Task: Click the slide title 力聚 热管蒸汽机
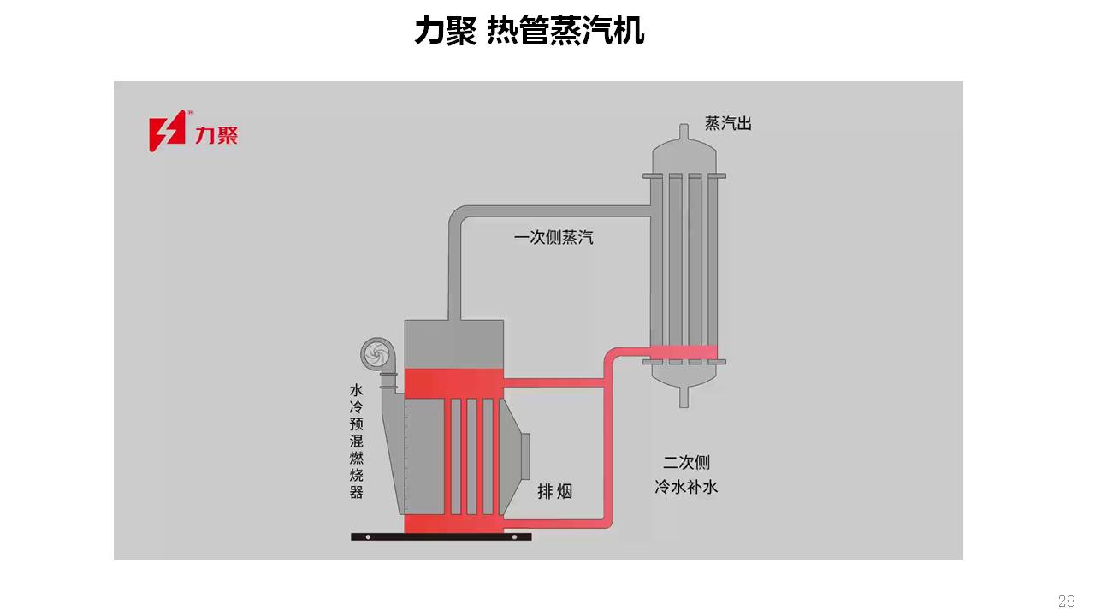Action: click(529, 31)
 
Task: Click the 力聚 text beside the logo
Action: click(216, 134)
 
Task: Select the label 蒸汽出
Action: click(728, 123)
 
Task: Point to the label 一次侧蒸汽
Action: click(553, 237)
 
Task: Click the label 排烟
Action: click(554, 491)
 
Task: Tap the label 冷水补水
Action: click(685, 487)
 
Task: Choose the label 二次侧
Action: click(686, 463)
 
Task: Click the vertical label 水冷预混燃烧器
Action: click(357, 441)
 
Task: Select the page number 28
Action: click(1066, 601)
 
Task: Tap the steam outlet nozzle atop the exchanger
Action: click(684, 133)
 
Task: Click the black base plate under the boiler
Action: click(441, 537)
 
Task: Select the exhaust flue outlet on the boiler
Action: click(524, 456)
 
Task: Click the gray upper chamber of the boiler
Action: click(453, 344)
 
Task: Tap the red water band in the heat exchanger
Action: click(684, 352)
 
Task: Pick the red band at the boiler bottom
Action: click(453, 524)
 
